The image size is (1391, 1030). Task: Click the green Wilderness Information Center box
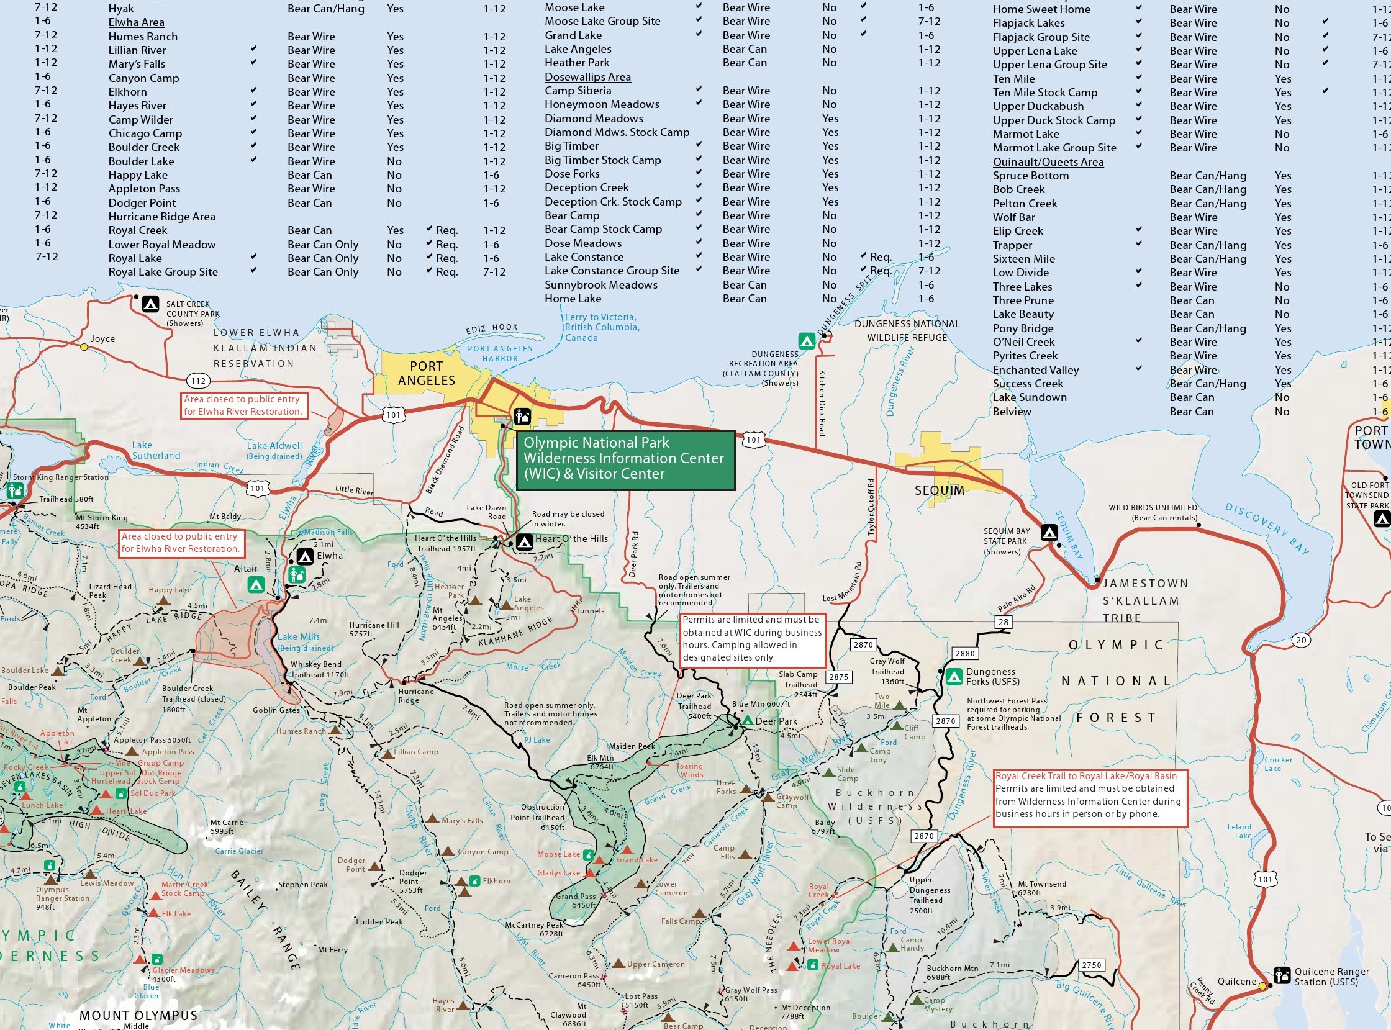(625, 459)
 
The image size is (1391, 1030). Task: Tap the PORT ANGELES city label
(427, 374)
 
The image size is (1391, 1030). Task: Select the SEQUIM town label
(939, 490)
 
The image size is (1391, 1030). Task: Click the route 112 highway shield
(198, 381)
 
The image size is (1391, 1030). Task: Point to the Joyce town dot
(84, 347)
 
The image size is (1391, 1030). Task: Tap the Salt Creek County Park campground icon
(150, 304)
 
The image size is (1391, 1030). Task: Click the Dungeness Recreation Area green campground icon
(806, 341)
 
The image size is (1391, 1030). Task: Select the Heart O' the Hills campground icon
(524, 541)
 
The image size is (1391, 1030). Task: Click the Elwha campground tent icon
(304, 556)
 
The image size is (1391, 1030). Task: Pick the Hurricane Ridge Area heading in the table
(161, 217)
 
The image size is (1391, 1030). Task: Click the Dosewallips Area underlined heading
(587, 78)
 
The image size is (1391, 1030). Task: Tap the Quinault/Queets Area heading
(1048, 162)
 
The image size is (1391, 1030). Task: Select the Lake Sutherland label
(155, 450)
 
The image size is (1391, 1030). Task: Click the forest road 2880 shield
(964, 653)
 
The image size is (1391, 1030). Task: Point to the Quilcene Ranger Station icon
(1282, 975)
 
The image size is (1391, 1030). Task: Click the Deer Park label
(776, 721)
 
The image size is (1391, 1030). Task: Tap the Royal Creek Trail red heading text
(1085, 776)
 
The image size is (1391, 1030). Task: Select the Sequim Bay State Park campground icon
(1049, 533)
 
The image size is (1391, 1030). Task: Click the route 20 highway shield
(1300, 640)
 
